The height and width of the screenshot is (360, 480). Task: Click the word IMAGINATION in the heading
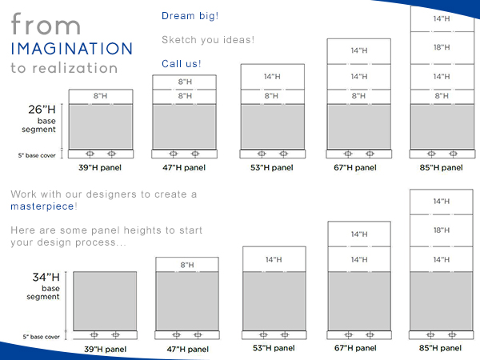click(x=72, y=49)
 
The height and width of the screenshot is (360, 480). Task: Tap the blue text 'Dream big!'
click(x=190, y=16)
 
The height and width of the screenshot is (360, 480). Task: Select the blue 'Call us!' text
click(x=182, y=64)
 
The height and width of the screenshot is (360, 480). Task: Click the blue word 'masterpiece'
click(x=42, y=206)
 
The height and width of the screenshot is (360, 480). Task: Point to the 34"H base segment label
click(x=43, y=286)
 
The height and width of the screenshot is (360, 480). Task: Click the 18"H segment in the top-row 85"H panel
click(x=442, y=48)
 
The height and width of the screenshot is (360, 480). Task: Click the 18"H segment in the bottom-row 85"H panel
click(x=442, y=230)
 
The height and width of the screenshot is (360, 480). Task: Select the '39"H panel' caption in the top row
click(x=100, y=168)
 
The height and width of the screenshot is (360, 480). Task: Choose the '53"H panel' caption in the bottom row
click(x=274, y=348)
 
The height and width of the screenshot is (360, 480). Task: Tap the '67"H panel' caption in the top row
click(x=355, y=168)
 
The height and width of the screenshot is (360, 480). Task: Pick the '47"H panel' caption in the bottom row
click(x=188, y=350)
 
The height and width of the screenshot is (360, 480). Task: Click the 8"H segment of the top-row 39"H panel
click(x=101, y=97)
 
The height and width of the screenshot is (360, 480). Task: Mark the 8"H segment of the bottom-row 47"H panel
click(x=187, y=265)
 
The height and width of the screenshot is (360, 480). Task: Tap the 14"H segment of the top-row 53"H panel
click(x=273, y=77)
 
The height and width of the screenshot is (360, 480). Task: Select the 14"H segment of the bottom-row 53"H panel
click(x=274, y=259)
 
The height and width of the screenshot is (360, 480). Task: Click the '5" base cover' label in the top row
click(x=37, y=155)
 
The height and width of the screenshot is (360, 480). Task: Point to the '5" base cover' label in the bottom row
click(x=41, y=337)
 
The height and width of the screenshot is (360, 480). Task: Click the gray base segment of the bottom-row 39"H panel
click(x=105, y=302)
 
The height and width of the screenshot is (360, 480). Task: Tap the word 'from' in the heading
click(x=46, y=24)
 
